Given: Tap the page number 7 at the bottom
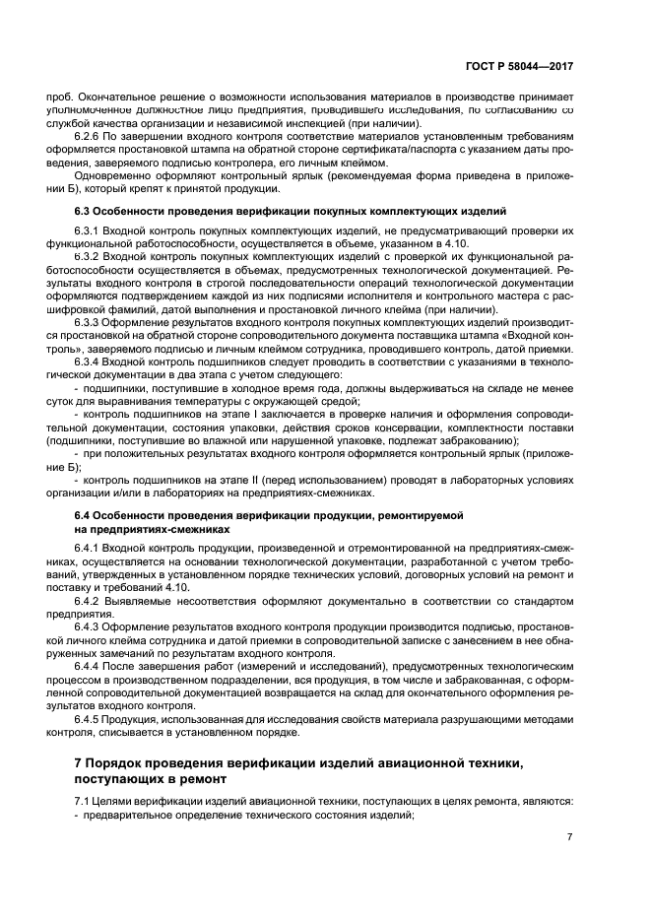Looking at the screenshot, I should (570, 836).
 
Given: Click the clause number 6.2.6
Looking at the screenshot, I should (91, 135).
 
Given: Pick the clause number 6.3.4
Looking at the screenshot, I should (91, 362).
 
